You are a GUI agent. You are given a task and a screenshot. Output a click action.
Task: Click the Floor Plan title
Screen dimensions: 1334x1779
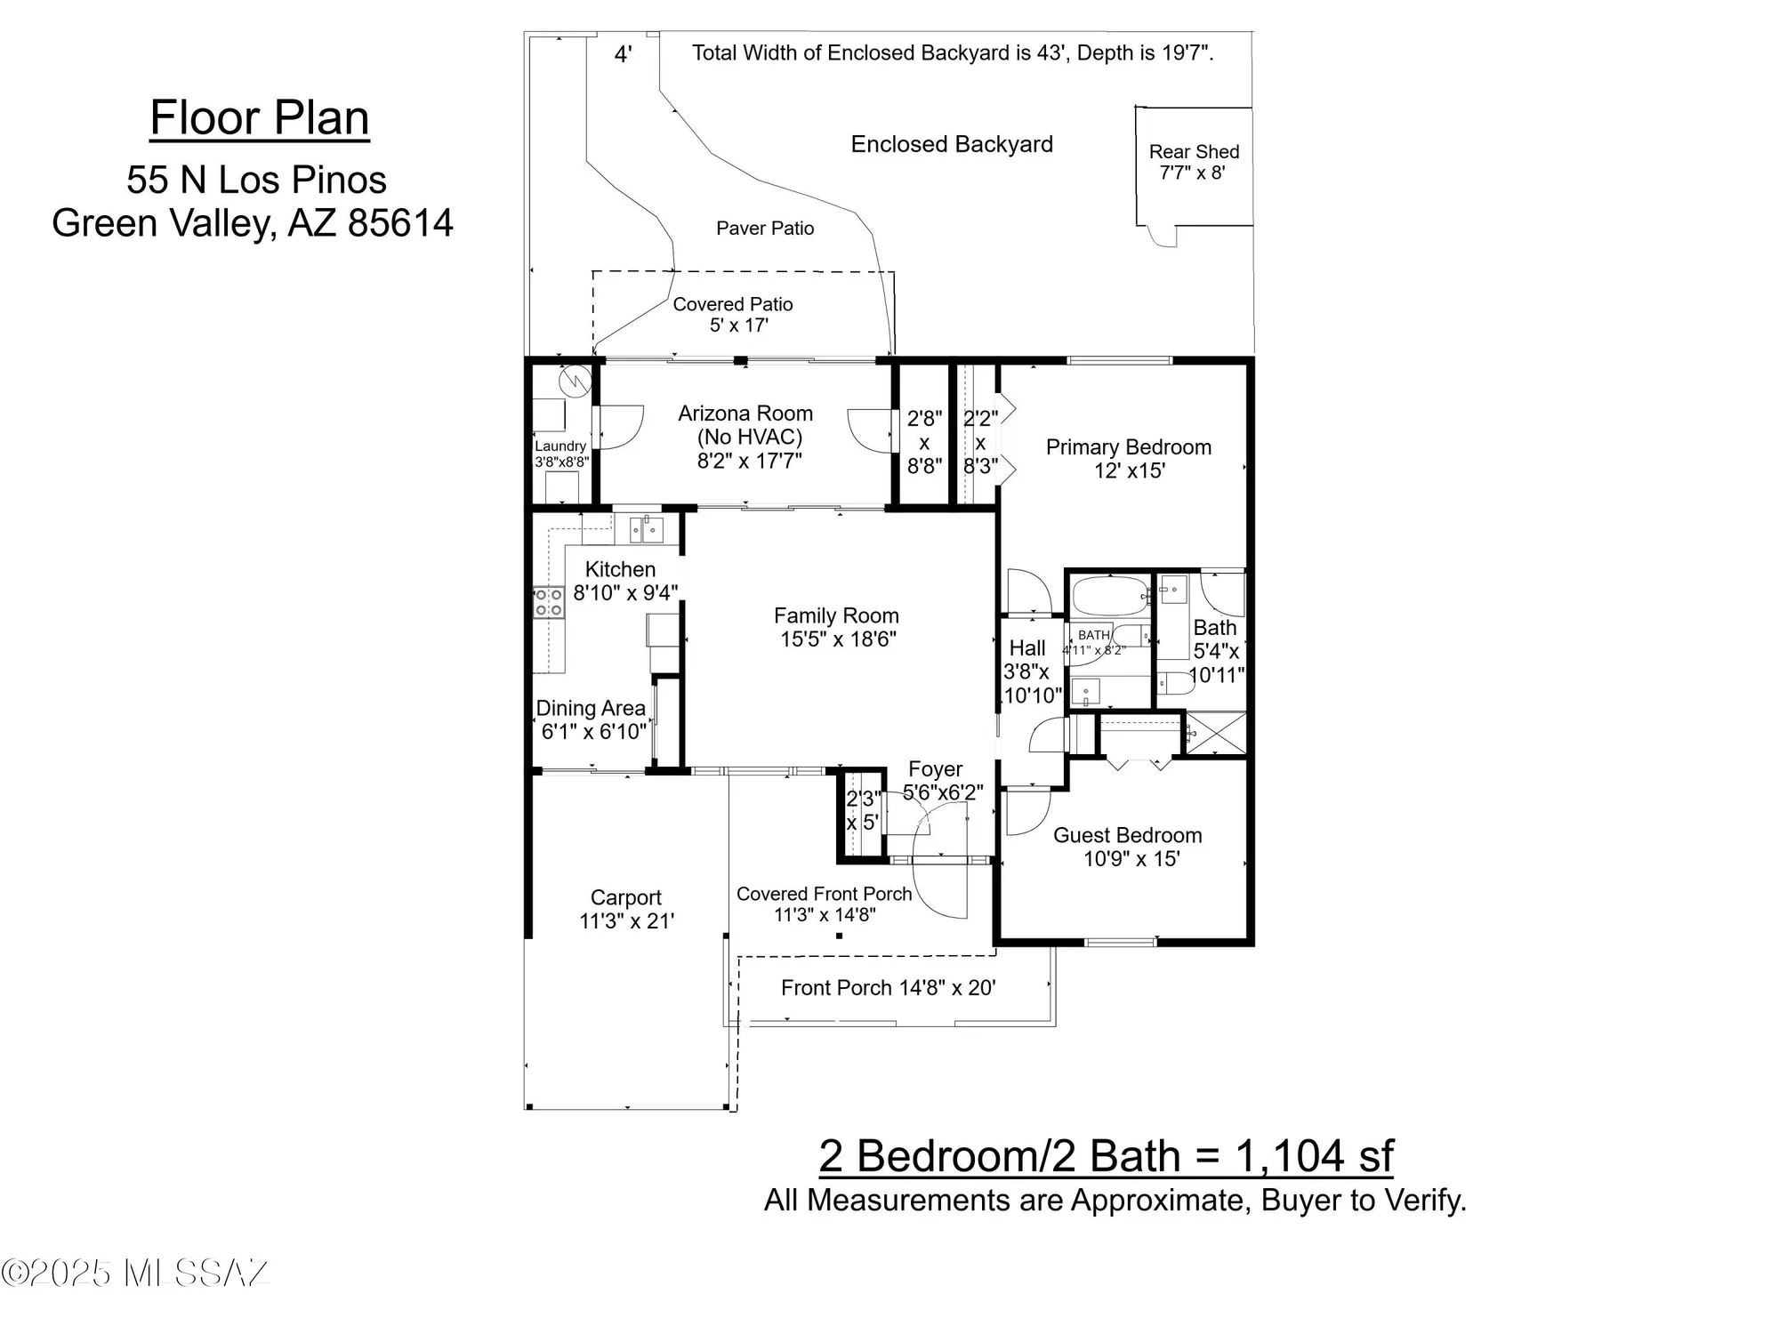tap(259, 118)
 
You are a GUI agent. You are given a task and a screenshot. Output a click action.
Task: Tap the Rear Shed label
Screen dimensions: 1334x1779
tap(1193, 152)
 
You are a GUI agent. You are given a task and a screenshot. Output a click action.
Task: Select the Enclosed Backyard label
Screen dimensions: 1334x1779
tap(951, 144)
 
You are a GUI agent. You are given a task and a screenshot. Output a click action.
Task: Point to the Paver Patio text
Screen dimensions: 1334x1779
tap(765, 229)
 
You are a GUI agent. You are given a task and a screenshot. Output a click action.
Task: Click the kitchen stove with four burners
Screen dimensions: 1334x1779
tap(548, 602)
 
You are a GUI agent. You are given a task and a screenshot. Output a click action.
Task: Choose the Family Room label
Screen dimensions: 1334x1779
tap(836, 615)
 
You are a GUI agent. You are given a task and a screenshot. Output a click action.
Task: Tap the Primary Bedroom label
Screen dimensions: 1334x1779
tap(1128, 447)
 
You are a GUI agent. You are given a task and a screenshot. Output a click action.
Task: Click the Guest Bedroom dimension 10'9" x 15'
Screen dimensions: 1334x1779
tap(1131, 859)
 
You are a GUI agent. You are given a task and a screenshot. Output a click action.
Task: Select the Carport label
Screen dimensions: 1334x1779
tap(625, 897)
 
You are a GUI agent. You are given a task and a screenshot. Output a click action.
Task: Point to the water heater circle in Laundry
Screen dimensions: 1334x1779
tap(575, 382)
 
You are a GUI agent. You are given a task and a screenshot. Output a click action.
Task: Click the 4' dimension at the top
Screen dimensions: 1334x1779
tap(624, 54)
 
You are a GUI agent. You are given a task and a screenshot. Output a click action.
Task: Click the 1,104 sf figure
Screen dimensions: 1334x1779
tap(1314, 1156)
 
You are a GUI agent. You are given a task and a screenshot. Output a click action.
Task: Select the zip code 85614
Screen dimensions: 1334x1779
tap(400, 223)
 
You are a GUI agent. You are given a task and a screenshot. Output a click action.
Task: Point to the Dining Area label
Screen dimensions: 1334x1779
tap(591, 708)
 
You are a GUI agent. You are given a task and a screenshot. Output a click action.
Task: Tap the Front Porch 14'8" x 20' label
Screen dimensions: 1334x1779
tap(888, 988)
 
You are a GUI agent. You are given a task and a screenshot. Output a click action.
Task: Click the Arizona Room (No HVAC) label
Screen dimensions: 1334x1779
tap(745, 425)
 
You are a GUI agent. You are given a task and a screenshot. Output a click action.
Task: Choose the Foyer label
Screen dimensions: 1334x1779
tap(935, 769)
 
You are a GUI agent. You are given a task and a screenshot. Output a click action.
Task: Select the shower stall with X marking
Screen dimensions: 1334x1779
tap(1216, 734)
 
